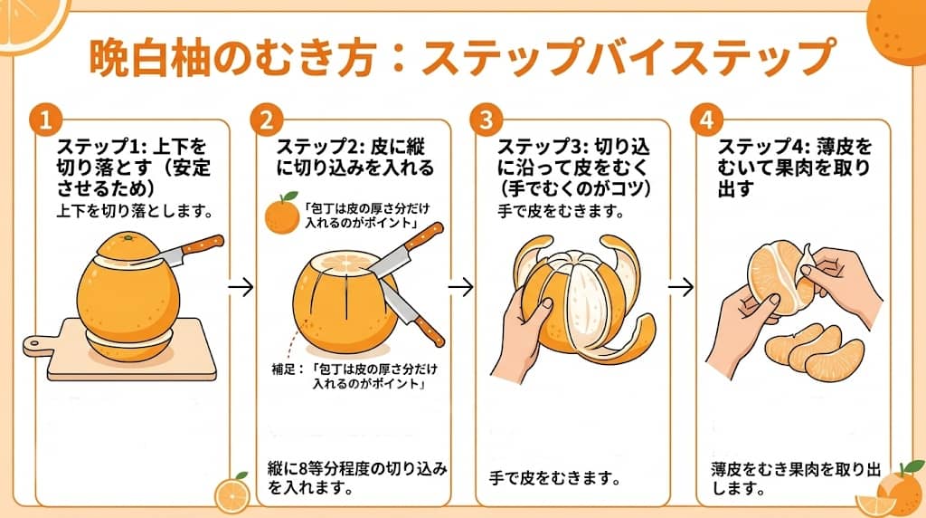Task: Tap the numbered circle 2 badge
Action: point(266,120)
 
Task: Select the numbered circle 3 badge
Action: point(486,120)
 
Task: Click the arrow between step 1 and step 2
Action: point(241,287)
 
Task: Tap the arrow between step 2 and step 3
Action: point(461,287)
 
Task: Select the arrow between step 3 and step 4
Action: point(680,287)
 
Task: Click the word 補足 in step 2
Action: point(286,369)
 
